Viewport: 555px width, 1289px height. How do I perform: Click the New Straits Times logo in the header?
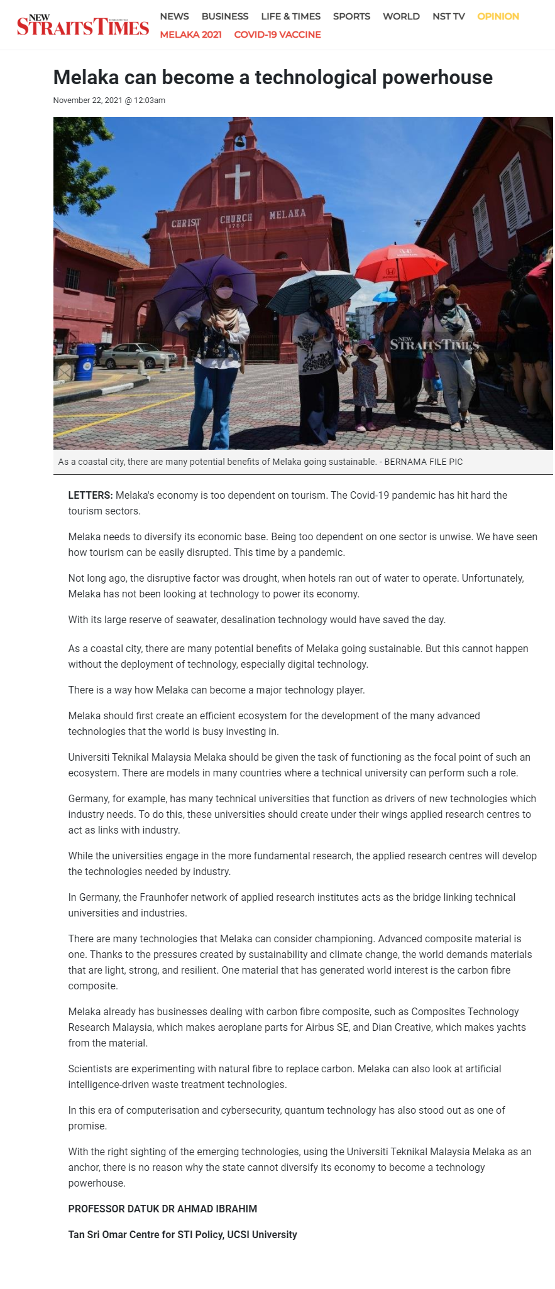coord(82,25)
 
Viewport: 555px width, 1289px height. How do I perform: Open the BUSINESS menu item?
coord(224,16)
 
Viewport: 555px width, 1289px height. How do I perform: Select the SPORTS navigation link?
coord(351,16)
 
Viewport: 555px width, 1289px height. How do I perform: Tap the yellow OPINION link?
coord(498,16)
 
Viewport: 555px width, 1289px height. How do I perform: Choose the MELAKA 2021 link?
coord(190,35)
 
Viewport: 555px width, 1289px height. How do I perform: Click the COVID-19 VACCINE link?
coord(277,35)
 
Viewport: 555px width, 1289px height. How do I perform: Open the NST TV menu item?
coord(448,16)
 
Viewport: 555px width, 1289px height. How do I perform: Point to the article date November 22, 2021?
coord(87,101)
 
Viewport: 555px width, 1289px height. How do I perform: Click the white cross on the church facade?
coord(238,180)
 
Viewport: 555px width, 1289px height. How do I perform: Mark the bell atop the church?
coord(239,141)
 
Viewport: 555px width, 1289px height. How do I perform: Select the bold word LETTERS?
coord(91,495)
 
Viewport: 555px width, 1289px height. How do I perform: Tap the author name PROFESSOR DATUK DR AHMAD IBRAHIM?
coord(163,1209)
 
